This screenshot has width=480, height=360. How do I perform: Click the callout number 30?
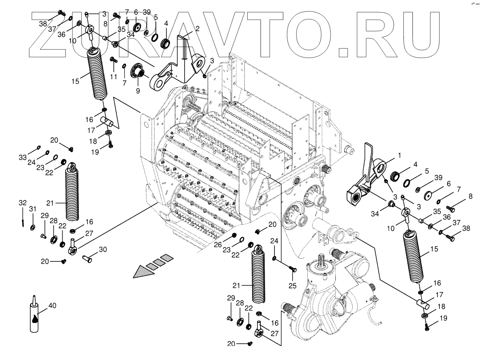(x=102, y=249)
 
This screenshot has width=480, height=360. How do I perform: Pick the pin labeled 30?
(x=88, y=259)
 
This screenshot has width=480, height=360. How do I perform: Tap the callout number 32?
(x=23, y=203)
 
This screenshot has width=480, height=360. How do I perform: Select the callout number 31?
(x=33, y=209)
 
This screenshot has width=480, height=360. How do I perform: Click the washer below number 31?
(x=33, y=227)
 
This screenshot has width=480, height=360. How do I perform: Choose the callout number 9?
(x=137, y=91)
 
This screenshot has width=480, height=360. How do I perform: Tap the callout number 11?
(x=114, y=77)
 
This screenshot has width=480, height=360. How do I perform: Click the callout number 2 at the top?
(x=197, y=29)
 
